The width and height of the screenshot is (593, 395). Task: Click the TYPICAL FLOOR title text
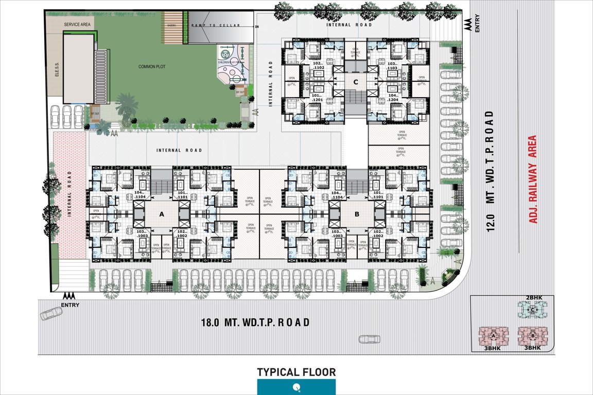pyautogui.click(x=296, y=372)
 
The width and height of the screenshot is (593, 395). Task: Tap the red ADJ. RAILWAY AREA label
pyautogui.click(x=533, y=179)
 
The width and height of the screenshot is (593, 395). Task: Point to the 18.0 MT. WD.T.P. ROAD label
pyautogui.click(x=255, y=323)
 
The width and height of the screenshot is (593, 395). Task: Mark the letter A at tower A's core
pyautogui.click(x=161, y=213)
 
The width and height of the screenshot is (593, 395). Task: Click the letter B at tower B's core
pyautogui.click(x=356, y=213)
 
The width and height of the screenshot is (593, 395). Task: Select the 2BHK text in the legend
pyautogui.click(x=532, y=298)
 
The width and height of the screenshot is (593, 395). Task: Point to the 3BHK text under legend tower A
pyautogui.click(x=494, y=348)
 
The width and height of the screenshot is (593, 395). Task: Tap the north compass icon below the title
pyautogui.click(x=296, y=387)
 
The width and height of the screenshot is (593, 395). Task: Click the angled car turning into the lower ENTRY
pyautogui.click(x=50, y=313)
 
